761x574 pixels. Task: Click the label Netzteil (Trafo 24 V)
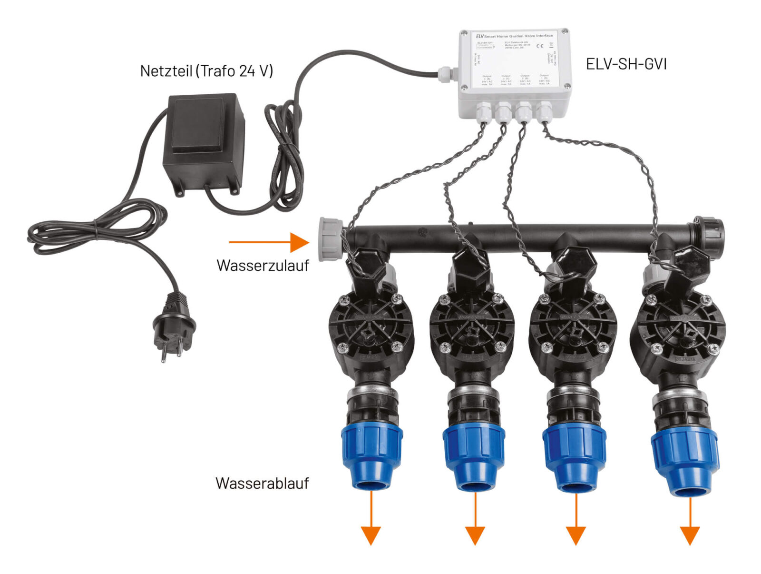(206, 71)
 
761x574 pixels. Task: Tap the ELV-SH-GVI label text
(626, 64)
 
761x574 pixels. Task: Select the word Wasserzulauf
(263, 265)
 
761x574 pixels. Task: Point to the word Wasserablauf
(262, 483)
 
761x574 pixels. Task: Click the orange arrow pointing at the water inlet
(269, 242)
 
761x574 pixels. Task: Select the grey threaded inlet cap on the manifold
(330, 239)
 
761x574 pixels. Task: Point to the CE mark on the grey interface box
(540, 46)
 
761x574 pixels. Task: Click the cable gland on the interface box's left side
(447, 73)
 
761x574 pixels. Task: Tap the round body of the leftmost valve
(371, 328)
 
